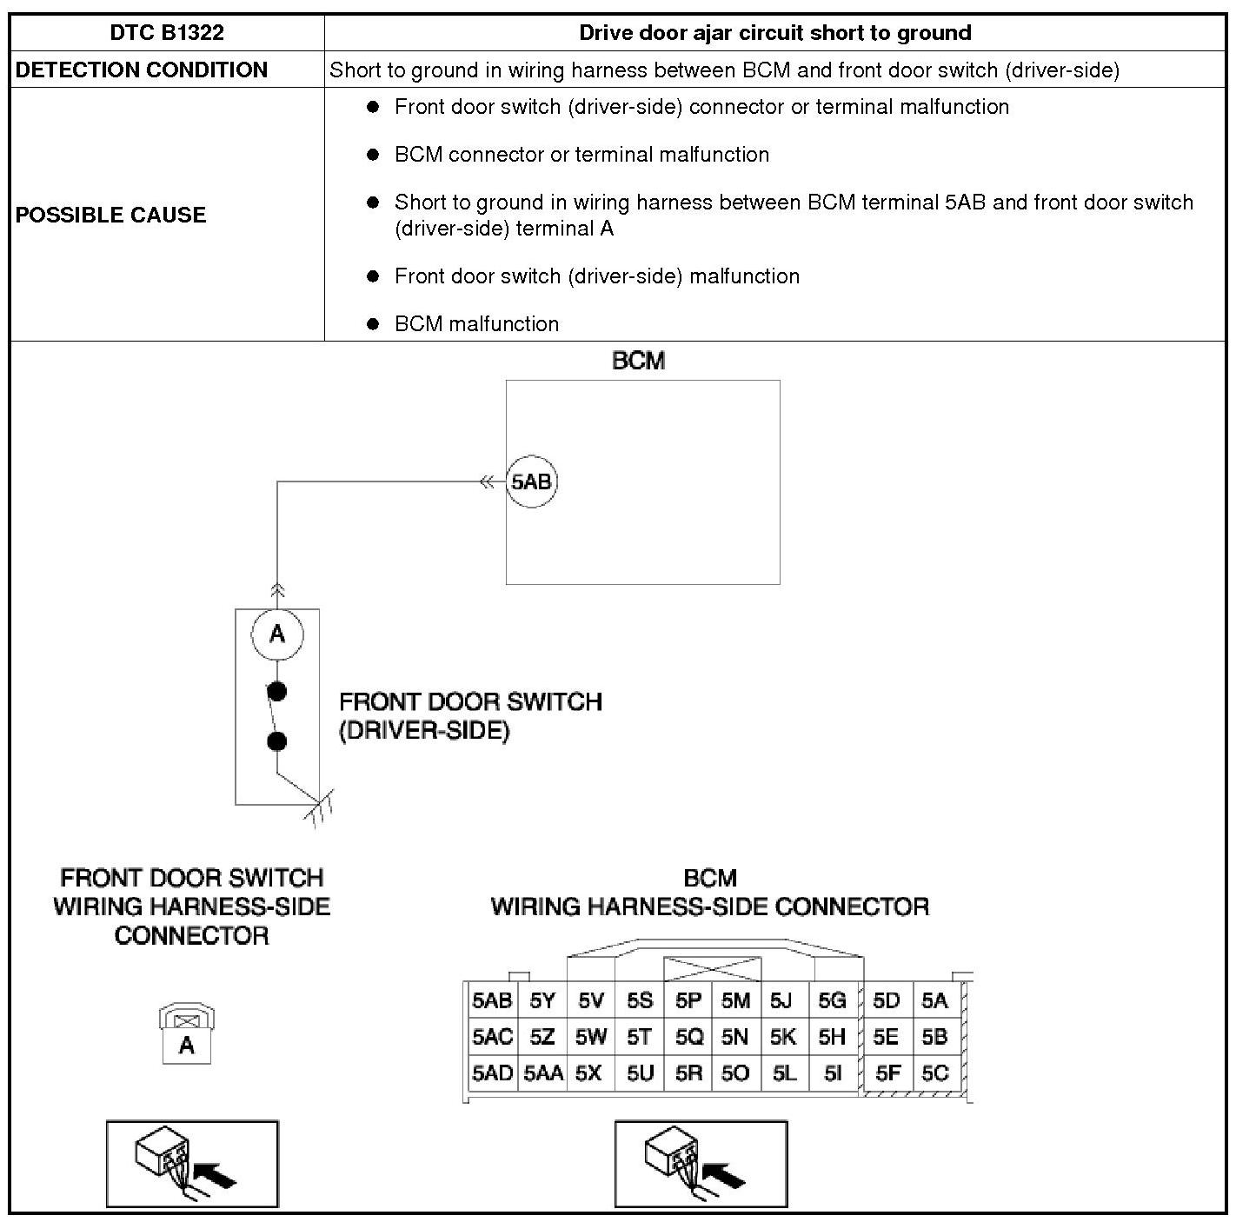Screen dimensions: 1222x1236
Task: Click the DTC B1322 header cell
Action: (x=167, y=33)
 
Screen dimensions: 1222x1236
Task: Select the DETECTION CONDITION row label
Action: (x=142, y=70)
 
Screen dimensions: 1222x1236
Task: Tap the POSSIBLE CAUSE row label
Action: (x=110, y=215)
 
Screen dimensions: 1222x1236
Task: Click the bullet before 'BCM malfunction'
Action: (x=374, y=324)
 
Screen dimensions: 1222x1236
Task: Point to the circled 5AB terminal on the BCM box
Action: (x=531, y=481)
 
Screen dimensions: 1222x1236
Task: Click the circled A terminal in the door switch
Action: (x=277, y=634)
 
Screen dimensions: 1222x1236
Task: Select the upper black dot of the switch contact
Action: (x=277, y=692)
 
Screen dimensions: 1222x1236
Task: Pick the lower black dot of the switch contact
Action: (x=277, y=741)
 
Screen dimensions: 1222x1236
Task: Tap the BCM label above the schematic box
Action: (x=639, y=361)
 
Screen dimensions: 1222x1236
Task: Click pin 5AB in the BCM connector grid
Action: (x=492, y=1000)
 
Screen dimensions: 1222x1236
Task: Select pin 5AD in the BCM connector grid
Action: (x=492, y=1073)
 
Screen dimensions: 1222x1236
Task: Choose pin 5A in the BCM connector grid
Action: (x=934, y=1000)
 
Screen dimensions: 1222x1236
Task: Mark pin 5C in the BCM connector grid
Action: (x=934, y=1073)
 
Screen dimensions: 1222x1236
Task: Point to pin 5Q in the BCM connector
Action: (x=688, y=1037)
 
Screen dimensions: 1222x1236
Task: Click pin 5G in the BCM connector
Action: (x=832, y=1000)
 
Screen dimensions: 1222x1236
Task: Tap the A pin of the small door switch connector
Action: (x=187, y=1046)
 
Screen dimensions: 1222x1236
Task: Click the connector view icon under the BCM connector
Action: (x=701, y=1164)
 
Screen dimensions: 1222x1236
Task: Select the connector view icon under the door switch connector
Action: (x=192, y=1164)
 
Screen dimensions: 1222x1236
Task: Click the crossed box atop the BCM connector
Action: (x=712, y=969)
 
